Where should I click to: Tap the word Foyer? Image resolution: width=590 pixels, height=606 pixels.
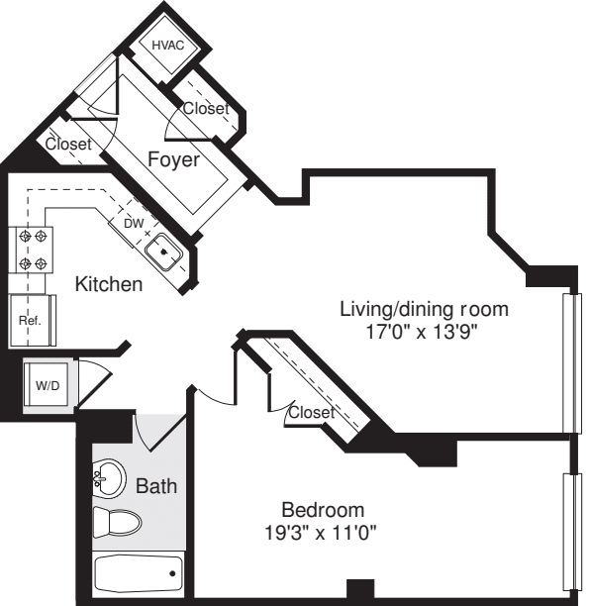pyautogui.click(x=173, y=159)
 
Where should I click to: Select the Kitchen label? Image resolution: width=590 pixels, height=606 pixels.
pyautogui.click(x=109, y=284)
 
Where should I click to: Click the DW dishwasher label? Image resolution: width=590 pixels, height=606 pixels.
pyautogui.click(x=133, y=223)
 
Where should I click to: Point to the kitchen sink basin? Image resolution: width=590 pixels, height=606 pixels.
pyautogui.click(x=164, y=252)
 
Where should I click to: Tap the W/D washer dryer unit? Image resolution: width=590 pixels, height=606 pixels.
pyautogui.click(x=46, y=383)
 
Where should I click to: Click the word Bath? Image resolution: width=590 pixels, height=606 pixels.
pyautogui.click(x=155, y=486)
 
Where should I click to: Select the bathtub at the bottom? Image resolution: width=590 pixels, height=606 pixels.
pyautogui.click(x=138, y=572)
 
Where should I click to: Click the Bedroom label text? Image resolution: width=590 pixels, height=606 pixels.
pyautogui.click(x=323, y=510)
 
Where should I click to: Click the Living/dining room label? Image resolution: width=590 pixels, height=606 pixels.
pyautogui.click(x=424, y=309)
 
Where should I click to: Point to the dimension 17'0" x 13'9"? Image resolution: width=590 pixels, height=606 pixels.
pyautogui.click(x=424, y=332)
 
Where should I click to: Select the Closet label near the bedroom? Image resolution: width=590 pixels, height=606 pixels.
pyautogui.click(x=311, y=412)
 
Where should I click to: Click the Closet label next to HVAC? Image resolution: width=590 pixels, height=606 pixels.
pyautogui.click(x=205, y=109)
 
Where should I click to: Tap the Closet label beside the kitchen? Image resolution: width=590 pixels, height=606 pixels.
pyautogui.click(x=68, y=145)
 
